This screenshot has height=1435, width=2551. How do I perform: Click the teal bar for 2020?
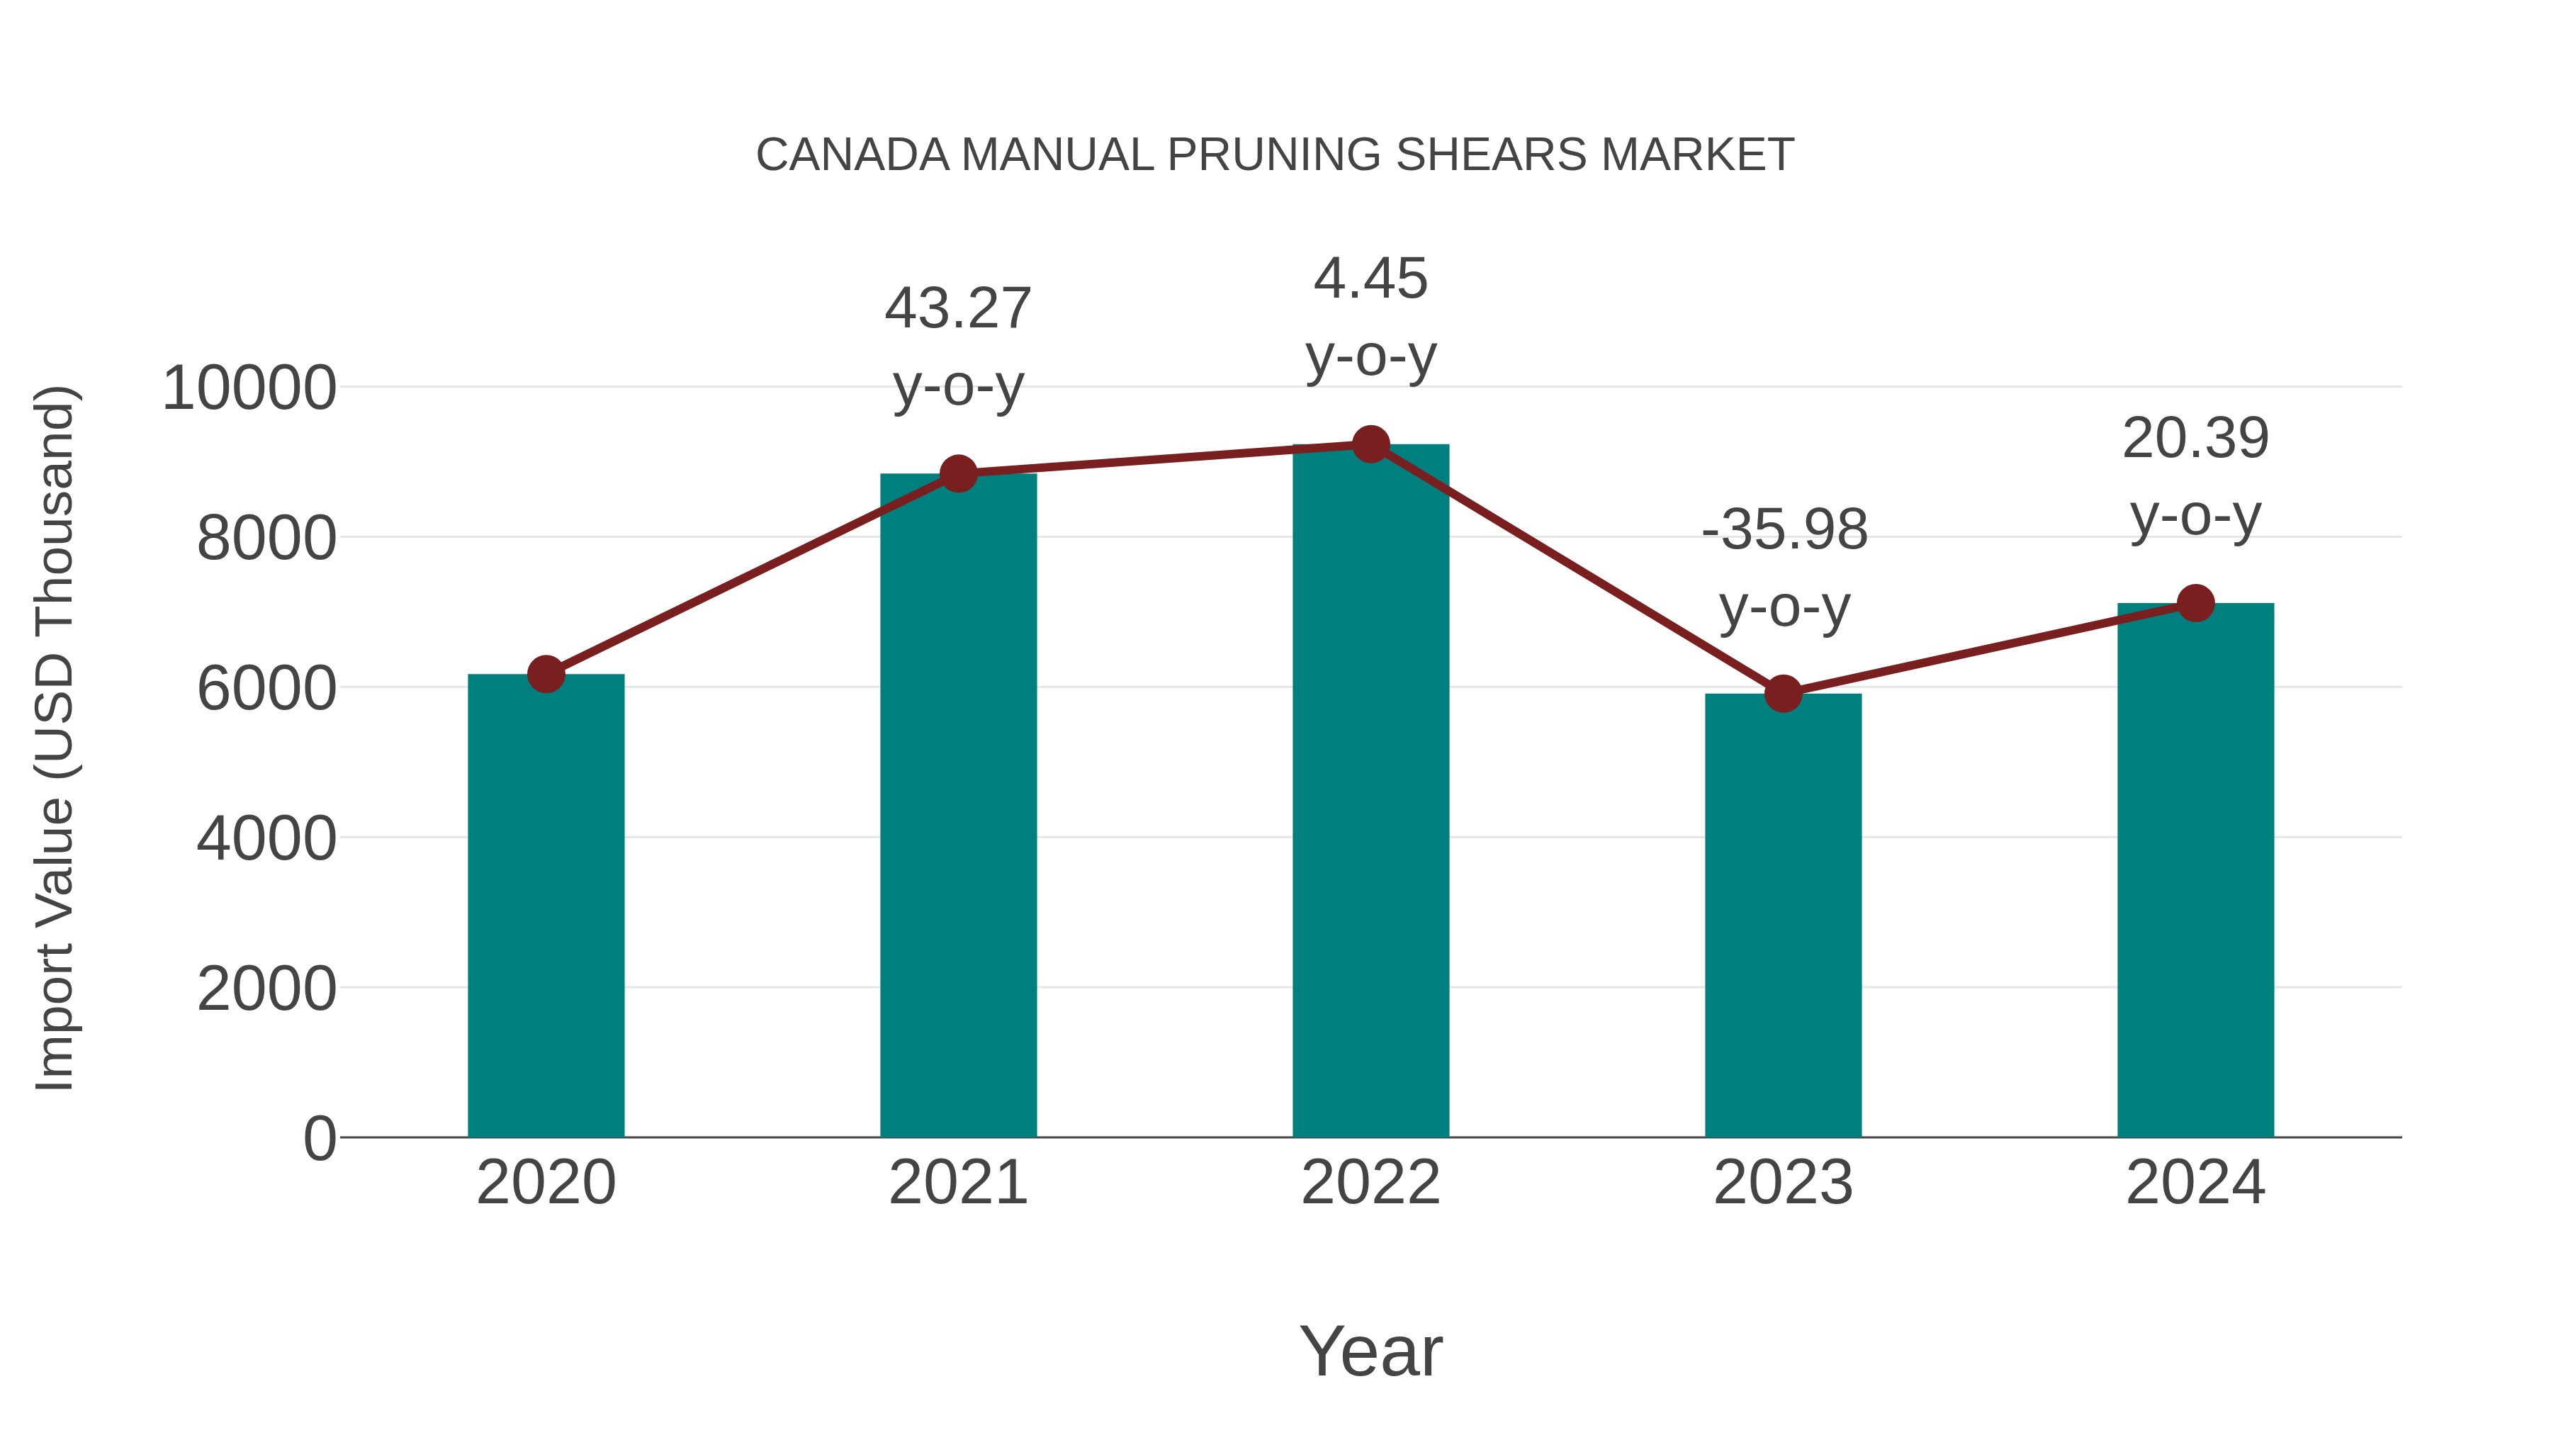point(546,906)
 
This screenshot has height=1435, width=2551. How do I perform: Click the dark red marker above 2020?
point(546,675)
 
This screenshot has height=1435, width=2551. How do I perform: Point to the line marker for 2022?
point(1370,444)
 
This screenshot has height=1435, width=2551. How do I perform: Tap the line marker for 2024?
point(2195,603)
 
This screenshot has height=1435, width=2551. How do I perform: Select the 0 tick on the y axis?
point(320,1138)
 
